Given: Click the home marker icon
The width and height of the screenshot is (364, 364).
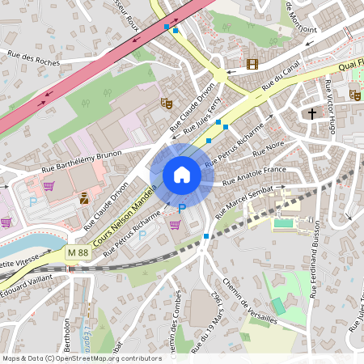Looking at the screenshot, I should click(182, 174).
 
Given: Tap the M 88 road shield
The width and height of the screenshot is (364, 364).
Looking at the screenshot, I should click(78, 253).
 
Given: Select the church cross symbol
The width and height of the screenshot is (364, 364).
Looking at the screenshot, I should click(311, 114).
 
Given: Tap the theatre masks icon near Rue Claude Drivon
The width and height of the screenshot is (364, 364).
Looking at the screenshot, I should click(167, 103).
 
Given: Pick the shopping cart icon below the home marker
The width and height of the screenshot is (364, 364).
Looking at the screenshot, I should click(175, 224).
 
